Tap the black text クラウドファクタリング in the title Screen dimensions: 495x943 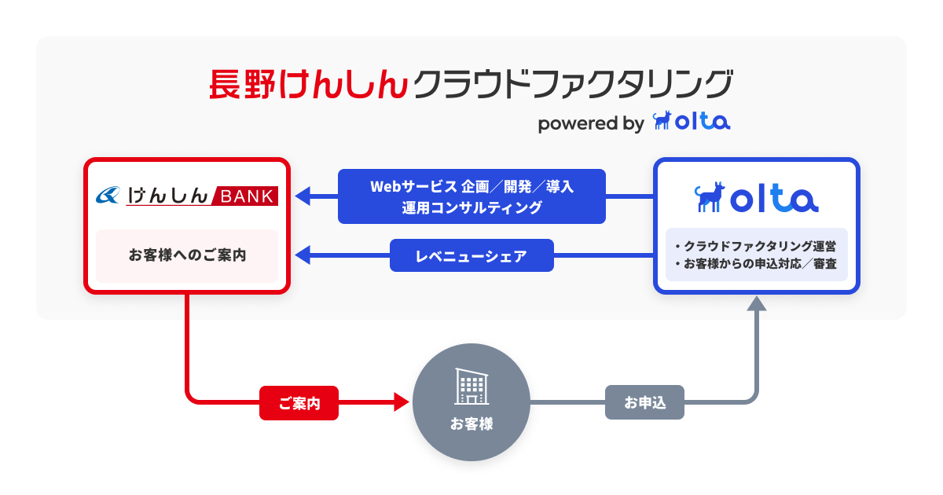[x=572, y=84]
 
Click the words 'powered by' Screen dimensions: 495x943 [x=590, y=124]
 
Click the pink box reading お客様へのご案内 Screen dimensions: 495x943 [x=187, y=255]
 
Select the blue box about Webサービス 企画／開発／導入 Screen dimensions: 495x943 [x=472, y=196]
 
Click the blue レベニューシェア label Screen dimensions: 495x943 [x=472, y=255]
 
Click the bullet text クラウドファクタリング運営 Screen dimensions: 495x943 [x=758, y=246]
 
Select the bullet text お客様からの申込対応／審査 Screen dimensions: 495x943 [x=758, y=263]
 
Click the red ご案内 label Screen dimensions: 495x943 [x=299, y=403]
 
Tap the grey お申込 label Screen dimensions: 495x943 [x=644, y=403]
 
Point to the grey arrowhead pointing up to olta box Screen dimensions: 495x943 [x=756, y=304]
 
